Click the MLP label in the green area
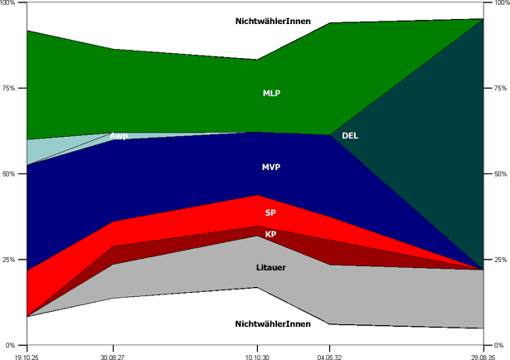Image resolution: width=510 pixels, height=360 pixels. (271, 93)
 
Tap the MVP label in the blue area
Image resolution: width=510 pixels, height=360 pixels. (271, 168)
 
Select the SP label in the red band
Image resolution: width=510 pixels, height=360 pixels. (270, 213)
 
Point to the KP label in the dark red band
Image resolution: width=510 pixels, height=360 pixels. (270, 235)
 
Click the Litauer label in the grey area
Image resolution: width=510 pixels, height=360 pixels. (270, 268)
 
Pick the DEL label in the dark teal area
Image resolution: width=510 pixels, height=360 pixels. (350, 135)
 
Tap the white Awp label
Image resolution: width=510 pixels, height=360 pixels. (119, 136)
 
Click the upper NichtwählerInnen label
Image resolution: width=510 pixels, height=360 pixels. (273, 20)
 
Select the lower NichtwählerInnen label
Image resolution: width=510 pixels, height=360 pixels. (273, 324)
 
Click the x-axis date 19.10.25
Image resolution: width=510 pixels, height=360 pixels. (27, 354)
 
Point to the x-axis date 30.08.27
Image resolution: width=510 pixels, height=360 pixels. (113, 354)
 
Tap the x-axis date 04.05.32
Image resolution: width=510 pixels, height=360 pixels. (329, 354)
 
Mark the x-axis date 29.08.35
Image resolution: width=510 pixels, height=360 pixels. (483, 354)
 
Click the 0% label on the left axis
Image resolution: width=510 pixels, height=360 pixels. (12, 345)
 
